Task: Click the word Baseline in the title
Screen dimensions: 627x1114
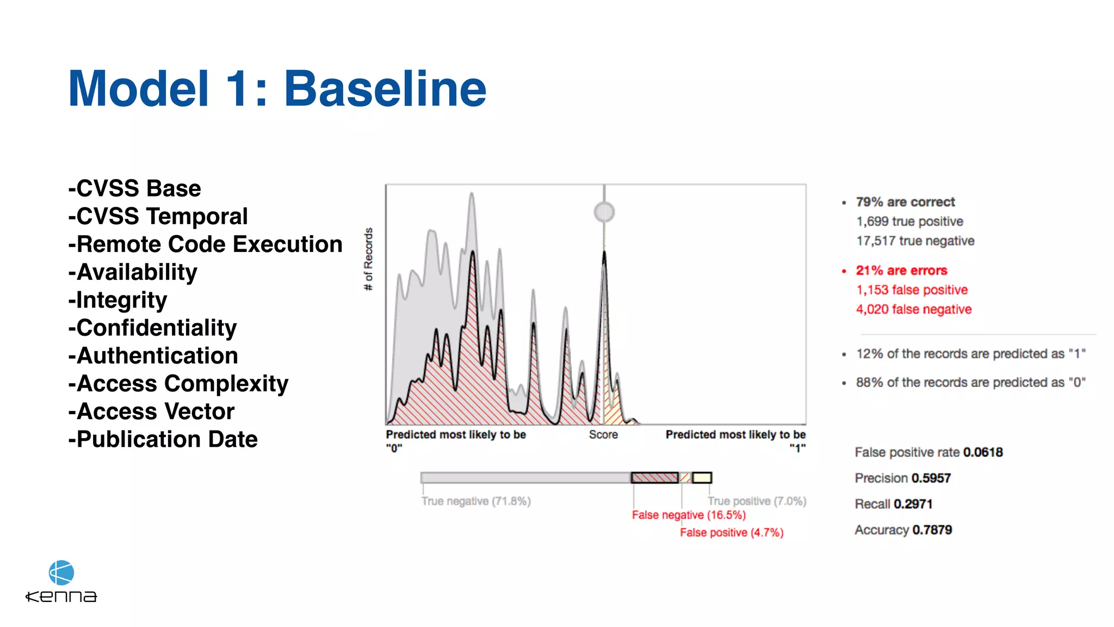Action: pos(385,89)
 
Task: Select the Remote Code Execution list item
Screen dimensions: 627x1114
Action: pos(206,244)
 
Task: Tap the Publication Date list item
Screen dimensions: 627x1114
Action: pos(163,439)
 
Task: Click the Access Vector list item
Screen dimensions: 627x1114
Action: pos(152,411)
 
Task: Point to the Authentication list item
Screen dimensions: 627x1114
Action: pos(153,356)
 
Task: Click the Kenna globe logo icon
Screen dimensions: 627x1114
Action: pos(61,573)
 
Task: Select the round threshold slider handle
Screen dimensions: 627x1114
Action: pos(604,212)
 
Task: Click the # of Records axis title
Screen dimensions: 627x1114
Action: pos(369,259)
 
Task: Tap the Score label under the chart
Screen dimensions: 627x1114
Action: pos(603,435)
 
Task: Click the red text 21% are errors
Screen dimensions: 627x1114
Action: pos(901,271)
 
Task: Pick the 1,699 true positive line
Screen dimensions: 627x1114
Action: pos(909,222)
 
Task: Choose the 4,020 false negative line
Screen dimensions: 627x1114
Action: pos(914,310)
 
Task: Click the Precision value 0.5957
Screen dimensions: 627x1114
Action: pos(931,478)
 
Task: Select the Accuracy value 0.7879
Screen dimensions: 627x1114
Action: pos(932,530)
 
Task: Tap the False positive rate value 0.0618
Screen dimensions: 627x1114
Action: pos(983,452)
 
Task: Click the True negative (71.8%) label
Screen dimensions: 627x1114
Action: pos(476,501)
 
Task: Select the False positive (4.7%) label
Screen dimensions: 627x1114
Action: pos(732,533)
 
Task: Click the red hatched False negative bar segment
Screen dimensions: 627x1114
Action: pos(654,478)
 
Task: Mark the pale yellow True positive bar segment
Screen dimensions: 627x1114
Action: pos(702,478)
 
